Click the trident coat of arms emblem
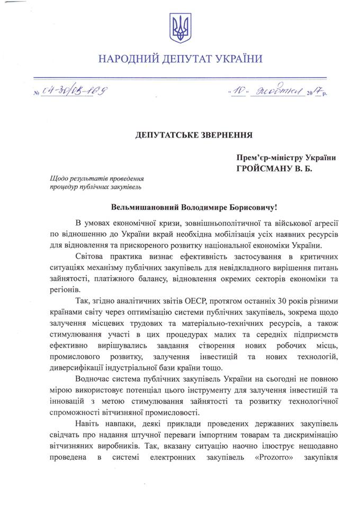pos(180,28)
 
